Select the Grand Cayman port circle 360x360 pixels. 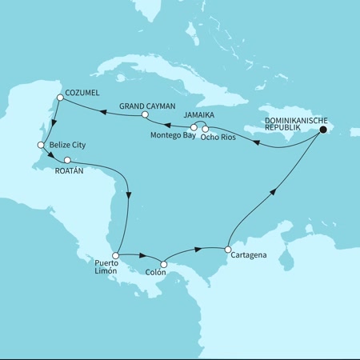point(145,115)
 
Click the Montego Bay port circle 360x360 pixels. point(194,127)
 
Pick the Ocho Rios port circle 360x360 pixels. point(206,128)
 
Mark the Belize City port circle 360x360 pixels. point(41,145)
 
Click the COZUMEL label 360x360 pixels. point(82,93)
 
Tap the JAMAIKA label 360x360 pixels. point(200,115)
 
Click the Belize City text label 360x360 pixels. point(68,145)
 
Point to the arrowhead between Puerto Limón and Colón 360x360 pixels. point(142,257)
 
